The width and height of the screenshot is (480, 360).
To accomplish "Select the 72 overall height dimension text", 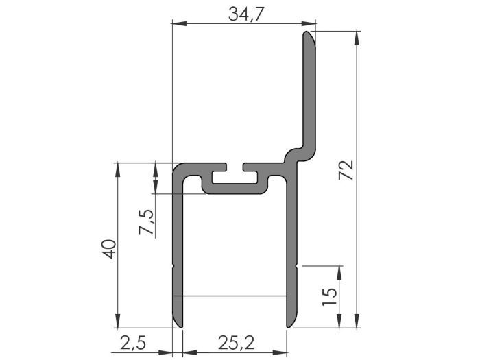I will (x=346, y=171).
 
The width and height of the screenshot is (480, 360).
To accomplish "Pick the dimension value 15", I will (x=329, y=296).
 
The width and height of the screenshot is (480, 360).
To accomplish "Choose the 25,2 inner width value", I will (x=234, y=341).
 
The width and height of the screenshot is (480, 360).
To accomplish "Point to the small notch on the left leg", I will (x=173, y=265).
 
